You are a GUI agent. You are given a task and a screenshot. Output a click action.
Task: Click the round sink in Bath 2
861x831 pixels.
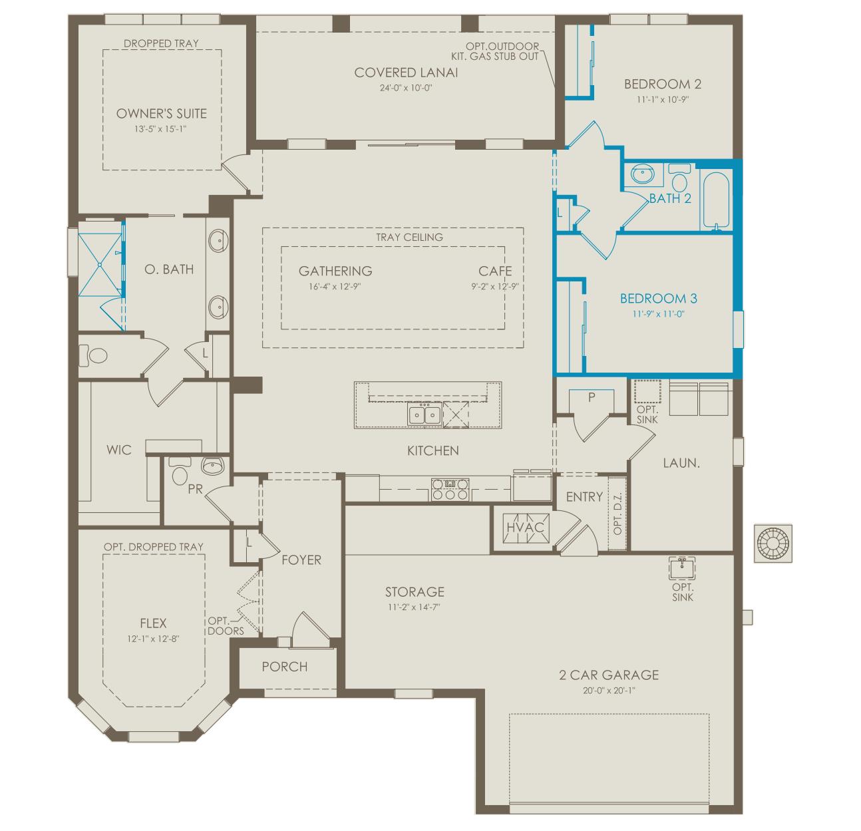(x=643, y=174)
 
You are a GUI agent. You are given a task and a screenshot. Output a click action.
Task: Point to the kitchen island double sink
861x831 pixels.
(x=425, y=415)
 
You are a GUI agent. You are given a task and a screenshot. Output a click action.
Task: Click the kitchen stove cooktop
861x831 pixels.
(x=450, y=489)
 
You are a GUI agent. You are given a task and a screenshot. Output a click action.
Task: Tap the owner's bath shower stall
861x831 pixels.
(x=100, y=265)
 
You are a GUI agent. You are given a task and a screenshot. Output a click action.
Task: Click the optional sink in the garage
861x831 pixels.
(x=682, y=568)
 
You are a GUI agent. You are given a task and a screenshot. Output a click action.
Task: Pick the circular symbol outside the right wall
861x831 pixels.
(x=773, y=544)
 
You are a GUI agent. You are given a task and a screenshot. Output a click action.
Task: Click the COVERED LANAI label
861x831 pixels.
(x=406, y=73)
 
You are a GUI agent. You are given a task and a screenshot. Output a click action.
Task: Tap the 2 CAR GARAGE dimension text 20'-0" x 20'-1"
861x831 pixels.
(x=609, y=691)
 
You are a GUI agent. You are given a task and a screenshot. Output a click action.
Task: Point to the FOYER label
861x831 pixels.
(x=301, y=560)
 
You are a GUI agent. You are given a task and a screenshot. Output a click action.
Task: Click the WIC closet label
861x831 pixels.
(x=119, y=450)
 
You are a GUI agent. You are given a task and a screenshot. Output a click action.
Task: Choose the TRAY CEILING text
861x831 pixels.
(x=409, y=237)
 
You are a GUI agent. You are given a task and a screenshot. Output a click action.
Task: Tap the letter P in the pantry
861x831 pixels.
(x=592, y=397)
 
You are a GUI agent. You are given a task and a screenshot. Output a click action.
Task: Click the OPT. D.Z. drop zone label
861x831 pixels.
(x=618, y=513)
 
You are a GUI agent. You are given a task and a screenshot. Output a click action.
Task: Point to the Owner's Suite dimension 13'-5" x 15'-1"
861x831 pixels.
(x=161, y=129)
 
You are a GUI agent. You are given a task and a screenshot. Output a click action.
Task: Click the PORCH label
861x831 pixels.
(x=285, y=667)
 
